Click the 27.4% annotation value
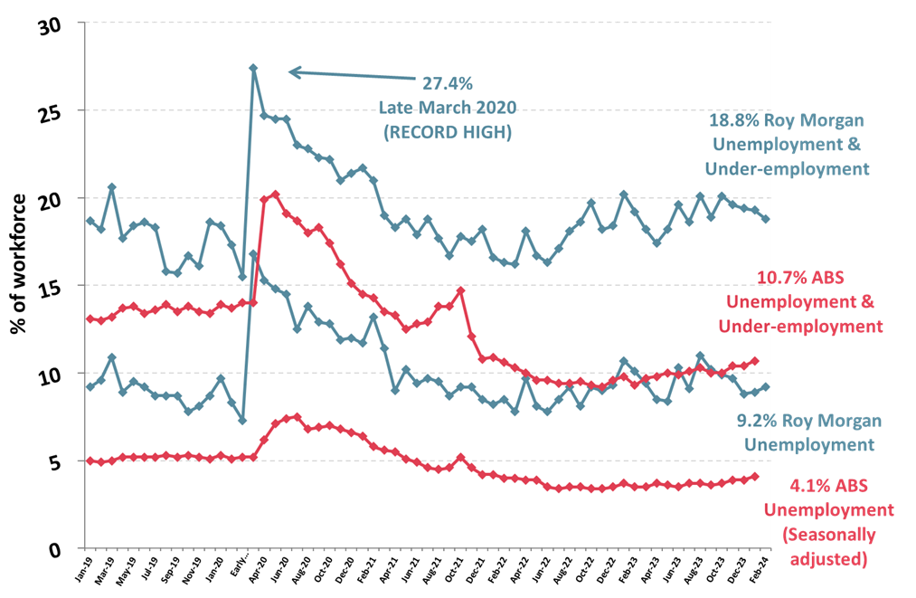[x=447, y=83]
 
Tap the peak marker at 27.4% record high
[x=253, y=68]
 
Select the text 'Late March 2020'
[x=447, y=108]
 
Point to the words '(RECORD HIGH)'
[x=447, y=132]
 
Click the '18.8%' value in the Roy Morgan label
[x=733, y=120]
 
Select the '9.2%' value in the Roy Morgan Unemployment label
[x=756, y=421]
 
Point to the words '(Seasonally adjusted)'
[x=829, y=547]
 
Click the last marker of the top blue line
[x=766, y=219]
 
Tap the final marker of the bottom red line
[x=755, y=477]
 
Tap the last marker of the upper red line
[x=755, y=361]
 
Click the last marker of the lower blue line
[x=766, y=386]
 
